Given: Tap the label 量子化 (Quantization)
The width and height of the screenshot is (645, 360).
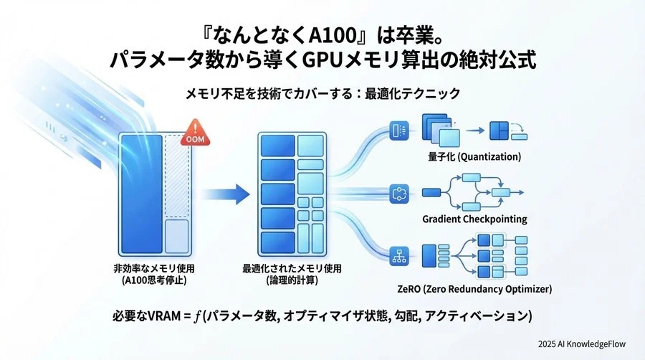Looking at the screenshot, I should [x=472, y=156].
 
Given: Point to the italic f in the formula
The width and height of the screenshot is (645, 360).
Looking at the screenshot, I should [x=196, y=316].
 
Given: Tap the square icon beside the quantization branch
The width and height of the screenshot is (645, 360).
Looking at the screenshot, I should [x=398, y=131].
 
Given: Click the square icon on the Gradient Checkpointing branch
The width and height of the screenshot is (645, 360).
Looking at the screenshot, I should [x=398, y=193].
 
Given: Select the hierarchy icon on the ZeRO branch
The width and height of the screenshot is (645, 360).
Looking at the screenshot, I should [x=398, y=255].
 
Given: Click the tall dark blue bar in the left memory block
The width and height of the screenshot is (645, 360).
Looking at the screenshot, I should [x=143, y=192].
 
